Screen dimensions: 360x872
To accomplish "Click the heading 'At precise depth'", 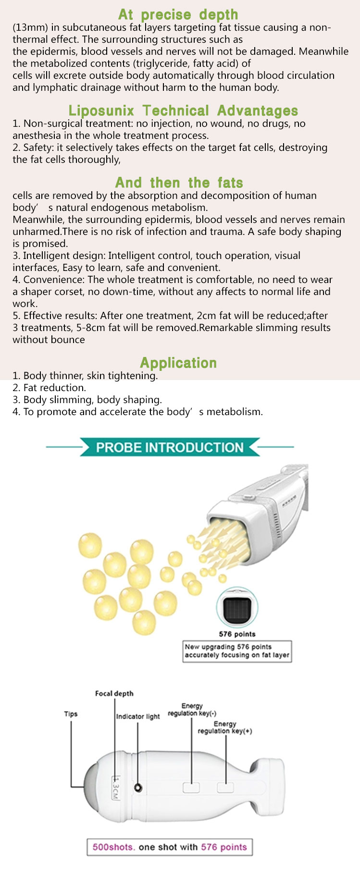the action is pyautogui.click(x=178, y=14).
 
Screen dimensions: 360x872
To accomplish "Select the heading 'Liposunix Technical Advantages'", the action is pyautogui.click(x=183, y=111).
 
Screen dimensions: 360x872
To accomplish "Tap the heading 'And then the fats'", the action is pyautogui.click(x=179, y=183).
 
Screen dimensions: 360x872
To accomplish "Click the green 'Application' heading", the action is pyautogui.click(x=178, y=363).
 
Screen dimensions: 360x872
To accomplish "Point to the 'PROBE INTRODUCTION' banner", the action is pyautogui.click(x=170, y=447).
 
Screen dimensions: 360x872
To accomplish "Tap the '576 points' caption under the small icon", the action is pyautogui.click(x=237, y=634).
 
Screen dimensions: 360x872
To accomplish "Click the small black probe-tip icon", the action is pyautogui.click(x=237, y=608).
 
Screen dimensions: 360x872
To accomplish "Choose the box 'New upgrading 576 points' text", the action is pyautogui.click(x=237, y=651).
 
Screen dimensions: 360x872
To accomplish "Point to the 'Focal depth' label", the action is pyautogui.click(x=114, y=693).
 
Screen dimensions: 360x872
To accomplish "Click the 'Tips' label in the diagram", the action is pyautogui.click(x=71, y=714).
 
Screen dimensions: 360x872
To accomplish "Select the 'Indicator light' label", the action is pyautogui.click(x=138, y=716).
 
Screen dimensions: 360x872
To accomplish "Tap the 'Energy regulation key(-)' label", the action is pyautogui.click(x=192, y=710).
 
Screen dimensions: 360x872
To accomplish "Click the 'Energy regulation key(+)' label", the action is pyautogui.click(x=225, y=727).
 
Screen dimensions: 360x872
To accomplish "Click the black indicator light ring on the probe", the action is pyautogui.click(x=138, y=788).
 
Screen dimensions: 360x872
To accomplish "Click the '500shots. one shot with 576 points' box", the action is pyautogui.click(x=170, y=847).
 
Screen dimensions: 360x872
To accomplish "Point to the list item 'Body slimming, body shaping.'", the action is pyautogui.click(x=87, y=400).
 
